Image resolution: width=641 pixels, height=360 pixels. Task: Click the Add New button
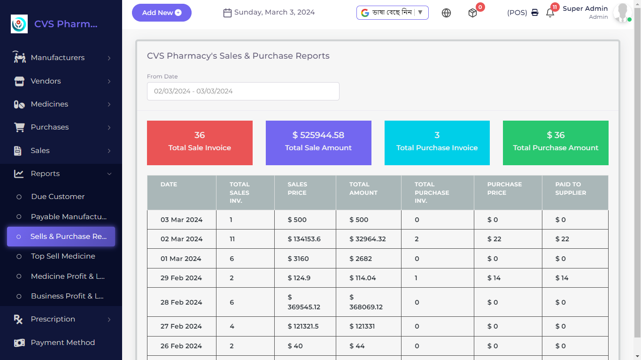click(162, 13)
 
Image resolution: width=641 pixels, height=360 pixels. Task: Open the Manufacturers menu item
click(58, 58)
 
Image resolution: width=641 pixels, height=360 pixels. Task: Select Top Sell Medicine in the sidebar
click(63, 256)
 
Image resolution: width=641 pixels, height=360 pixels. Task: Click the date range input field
click(243, 91)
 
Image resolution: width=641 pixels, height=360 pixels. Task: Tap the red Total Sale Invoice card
click(200, 143)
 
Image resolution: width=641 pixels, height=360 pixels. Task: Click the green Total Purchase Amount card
click(556, 143)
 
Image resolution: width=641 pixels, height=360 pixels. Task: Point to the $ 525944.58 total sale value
click(318, 135)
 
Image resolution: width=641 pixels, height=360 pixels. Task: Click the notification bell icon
click(550, 13)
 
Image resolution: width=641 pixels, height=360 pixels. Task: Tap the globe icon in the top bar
click(446, 13)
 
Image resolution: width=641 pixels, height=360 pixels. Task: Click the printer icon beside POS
click(535, 13)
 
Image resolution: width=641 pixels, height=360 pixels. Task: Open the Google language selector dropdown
click(392, 13)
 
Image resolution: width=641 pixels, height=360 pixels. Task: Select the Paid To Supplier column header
click(570, 189)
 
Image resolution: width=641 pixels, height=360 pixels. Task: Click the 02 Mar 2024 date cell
click(181, 239)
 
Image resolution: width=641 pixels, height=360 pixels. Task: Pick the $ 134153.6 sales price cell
click(304, 239)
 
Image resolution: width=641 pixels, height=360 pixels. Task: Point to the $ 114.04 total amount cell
click(363, 278)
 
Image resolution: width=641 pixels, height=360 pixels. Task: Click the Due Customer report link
click(58, 197)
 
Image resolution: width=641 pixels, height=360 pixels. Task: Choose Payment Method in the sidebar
click(62, 343)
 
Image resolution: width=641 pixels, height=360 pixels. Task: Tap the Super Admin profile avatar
click(622, 13)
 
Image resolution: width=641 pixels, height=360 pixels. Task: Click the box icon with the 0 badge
click(472, 13)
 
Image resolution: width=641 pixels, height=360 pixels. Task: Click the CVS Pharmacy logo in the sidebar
click(19, 24)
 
